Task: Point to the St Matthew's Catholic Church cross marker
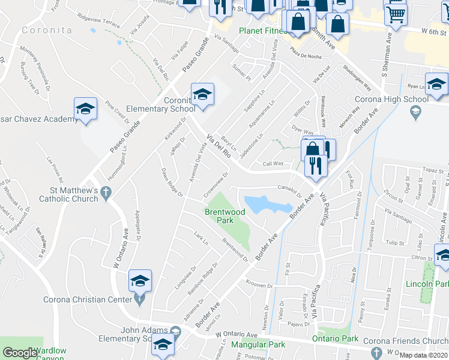(106, 193)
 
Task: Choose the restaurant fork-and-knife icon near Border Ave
(316, 164)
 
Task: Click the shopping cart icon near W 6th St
(396, 14)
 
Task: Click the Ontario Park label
(336, 339)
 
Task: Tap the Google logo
(19, 353)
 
